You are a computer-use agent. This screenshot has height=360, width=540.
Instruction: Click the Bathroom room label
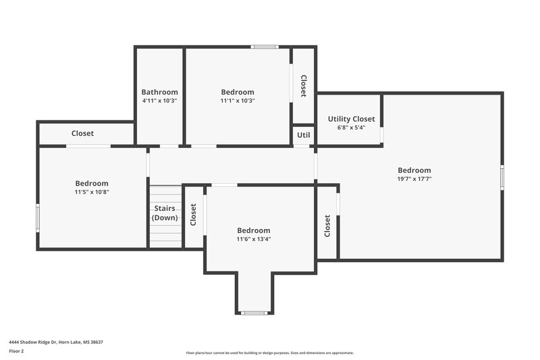pyautogui.click(x=159, y=92)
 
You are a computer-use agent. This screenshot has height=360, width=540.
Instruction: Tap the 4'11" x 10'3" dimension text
pyautogui.click(x=159, y=101)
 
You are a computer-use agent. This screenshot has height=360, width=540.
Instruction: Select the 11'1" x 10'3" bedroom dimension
pyautogui.click(x=238, y=101)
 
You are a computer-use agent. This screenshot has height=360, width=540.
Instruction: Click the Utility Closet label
pyautogui.click(x=351, y=119)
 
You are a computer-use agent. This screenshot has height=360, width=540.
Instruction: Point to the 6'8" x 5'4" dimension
pyautogui.click(x=351, y=128)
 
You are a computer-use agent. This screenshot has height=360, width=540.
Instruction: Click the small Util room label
pyautogui.click(x=304, y=135)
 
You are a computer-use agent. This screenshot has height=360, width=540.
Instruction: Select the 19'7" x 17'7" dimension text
pyautogui.click(x=414, y=179)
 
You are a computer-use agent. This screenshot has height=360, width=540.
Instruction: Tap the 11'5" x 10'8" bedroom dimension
pyautogui.click(x=92, y=192)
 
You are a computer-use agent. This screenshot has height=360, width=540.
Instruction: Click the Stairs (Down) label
pyautogui.click(x=165, y=213)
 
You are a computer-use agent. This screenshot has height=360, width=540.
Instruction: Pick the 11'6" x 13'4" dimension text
pyautogui.click(x=254, y=239)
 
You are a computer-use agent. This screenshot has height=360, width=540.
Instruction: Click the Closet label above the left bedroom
pyautogui.click(x=82, y=134)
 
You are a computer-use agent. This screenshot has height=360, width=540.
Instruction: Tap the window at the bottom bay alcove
pyautogui.click(x=254, y=313)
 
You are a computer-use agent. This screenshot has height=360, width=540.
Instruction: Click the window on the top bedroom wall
pyautogui.click(x=264, y=47)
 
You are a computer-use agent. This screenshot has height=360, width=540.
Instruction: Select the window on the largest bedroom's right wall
pyautogui.click(x=502, y=177)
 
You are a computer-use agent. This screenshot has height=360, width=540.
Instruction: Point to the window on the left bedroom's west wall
pyautogui.click(x=38, y=217)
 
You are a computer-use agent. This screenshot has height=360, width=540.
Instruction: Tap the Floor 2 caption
pyautogui.click(x=16, y=351)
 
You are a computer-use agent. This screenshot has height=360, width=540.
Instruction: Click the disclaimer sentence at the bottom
pyautogui.click(x=269, y=353)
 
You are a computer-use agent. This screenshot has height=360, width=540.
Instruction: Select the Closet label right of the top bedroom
pyautogui.click(x=304, y=85)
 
